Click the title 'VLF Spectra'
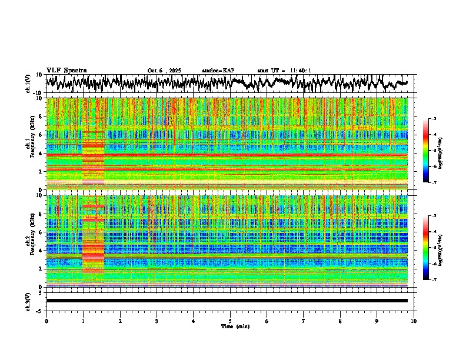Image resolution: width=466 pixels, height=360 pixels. pyautogui.click(x=66, y=70)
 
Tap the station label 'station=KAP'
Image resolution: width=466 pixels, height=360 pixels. pyautogui.click(x=218, y=71)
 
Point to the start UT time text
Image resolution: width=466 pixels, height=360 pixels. pyautogui.click(x=284, y=71)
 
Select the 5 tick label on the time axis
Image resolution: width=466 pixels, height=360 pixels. pyautogui.click(x=230, y=321)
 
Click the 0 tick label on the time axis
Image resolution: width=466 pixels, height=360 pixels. pyautogui.click(x=46, y=321)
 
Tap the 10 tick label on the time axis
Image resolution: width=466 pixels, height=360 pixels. pyautogui.click(x=414, y=321)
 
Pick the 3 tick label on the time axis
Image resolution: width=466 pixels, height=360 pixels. pyautogui.click(x=157, y=321)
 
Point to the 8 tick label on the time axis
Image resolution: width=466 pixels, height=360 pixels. pyautogui.click(x=340, y=321)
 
